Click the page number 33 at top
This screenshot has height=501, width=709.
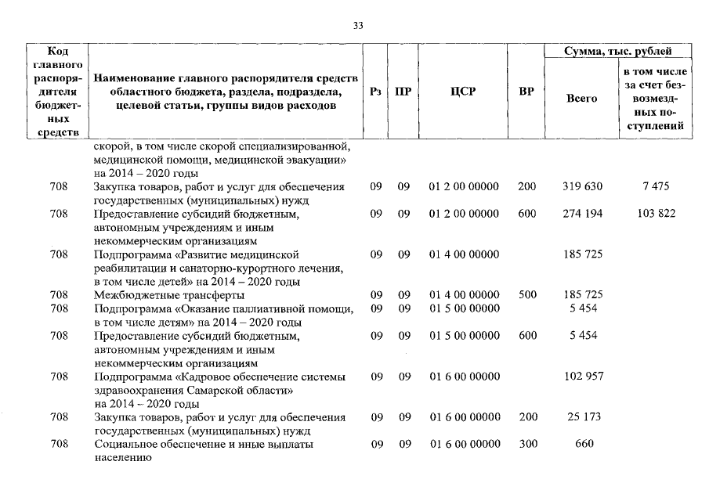coord(358,26)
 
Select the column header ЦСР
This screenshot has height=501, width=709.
coord(463,92)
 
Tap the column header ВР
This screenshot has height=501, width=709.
coord(526,92)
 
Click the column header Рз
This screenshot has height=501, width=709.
coord(375,92)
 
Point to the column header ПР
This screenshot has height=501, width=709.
coord(403,92)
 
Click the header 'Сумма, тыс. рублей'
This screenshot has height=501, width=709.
coord(618,51)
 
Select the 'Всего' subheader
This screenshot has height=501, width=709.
coord(581,99)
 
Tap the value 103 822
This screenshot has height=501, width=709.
coord(656,214)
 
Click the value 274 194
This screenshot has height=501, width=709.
coord(583,214)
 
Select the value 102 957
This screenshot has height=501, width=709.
coord(583,377)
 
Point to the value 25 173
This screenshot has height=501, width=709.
coord(583,417)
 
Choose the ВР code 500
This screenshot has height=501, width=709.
coord(527,295)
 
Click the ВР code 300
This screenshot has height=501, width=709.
coord(527,444)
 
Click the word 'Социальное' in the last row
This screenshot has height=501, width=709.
coord(126,444)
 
